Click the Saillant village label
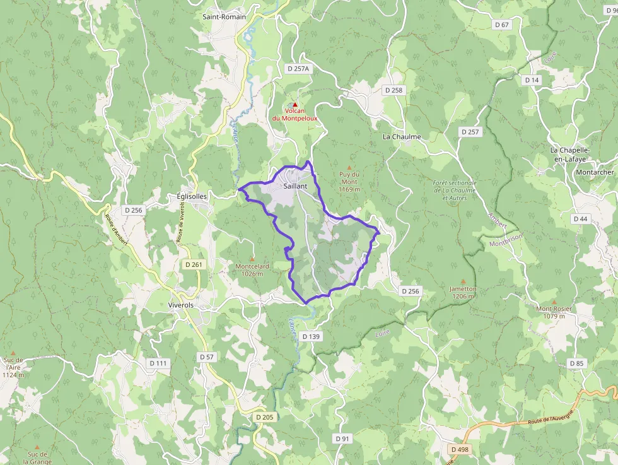[295, 186]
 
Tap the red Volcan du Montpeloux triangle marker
[294, 104]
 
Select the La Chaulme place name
[402, 136]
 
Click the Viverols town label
[181, 305]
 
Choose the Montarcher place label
[594, 172]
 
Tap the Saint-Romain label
[224, 17]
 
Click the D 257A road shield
[299, 68]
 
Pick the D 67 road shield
[502, 25]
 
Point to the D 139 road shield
[312, 336]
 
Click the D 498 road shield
[460, 449]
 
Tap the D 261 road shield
[194, 264]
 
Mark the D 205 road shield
[265, 417]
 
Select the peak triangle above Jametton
[463, 281]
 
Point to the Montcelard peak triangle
[252, 259]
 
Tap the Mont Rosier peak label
[553, 312]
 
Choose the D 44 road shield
[580, 218]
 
